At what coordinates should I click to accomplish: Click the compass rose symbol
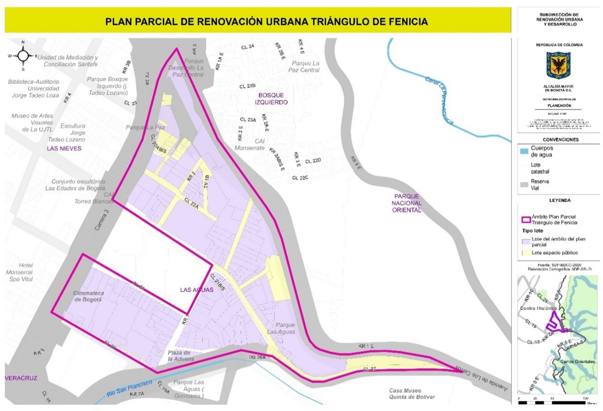coord(23,56)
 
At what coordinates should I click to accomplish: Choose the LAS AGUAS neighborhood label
coord(196,290)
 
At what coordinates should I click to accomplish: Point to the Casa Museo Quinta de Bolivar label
coord(412,394)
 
